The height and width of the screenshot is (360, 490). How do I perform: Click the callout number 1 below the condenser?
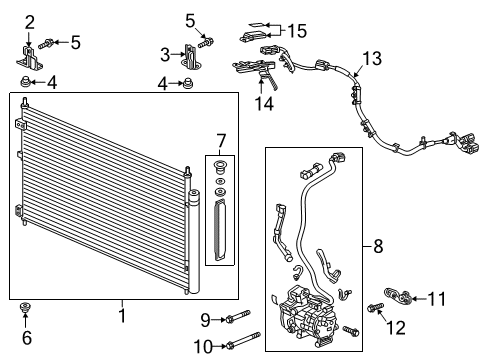[123, 315]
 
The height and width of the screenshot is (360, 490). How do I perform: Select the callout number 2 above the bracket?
[30, 23]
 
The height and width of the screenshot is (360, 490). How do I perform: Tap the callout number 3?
[165, 55]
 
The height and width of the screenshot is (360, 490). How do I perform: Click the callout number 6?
[27, 337]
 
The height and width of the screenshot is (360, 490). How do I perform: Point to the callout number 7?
[221, 141]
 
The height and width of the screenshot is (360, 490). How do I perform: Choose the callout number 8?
[378, 247]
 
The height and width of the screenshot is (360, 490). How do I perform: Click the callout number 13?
[372, 59]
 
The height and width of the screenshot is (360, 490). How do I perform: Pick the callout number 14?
[264, 103]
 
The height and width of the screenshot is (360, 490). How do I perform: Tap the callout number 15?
[297, 31]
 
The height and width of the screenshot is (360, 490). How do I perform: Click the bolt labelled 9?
[238, 317]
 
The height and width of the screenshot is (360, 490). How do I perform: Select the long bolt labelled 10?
[243, 340]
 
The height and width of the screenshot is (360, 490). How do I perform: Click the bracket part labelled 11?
[398, 296]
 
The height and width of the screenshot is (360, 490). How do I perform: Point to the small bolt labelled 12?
[375, 307]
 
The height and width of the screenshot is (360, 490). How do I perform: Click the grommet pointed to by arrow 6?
[25, 307]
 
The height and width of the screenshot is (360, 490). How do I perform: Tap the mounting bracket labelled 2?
[30, 59]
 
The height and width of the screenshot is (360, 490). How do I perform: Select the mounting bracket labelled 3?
[190, 57]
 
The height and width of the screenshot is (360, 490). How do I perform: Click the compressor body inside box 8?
[307, 314]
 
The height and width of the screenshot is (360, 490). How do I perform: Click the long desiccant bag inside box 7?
[220, 229]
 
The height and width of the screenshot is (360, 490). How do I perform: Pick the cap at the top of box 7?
[219, 167]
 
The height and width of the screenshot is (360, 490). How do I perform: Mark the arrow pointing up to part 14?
[261, 85]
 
